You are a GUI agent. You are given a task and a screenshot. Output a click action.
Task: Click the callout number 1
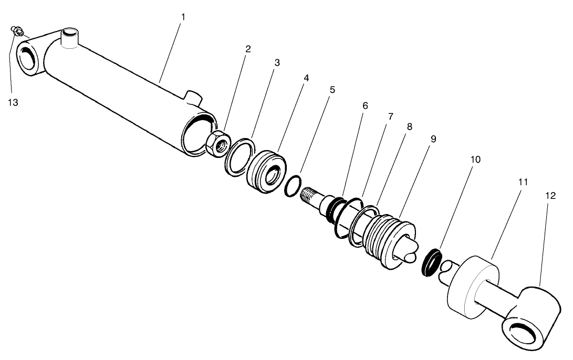pyautogui.click(x=183, y=17)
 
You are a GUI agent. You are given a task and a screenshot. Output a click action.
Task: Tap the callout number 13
pyautogui.click(x=13, y=103)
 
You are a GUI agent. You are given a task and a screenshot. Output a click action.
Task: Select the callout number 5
pyautogui.click(x=332, y=89)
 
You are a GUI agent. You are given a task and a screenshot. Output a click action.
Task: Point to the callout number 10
pyautogui.click(x=475, y=158)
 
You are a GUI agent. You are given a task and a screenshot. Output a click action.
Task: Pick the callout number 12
pyautogui.click(x=550, y=195)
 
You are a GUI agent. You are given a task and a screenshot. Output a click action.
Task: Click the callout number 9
pyautogui.click(x=433, y=139)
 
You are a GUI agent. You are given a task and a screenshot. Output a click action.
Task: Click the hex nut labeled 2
pyautogui.click(x=216, y=143)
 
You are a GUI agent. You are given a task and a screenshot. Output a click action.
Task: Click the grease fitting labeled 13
pyautogui.click(x=17, y=33)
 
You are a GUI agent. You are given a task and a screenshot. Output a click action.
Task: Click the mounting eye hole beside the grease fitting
pyautogui.click(x=29, y=58)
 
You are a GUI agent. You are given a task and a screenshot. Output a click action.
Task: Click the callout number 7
pyautogui.click(x=390, y=117)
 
